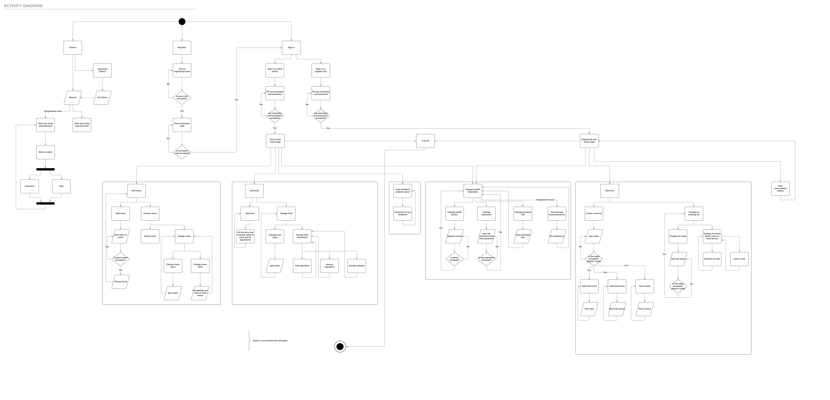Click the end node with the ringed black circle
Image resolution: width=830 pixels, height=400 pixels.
(340, 347)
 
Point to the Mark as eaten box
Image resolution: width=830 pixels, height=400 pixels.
(45, 152)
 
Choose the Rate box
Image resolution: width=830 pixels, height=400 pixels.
(61, 186)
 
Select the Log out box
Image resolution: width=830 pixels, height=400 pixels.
(425, 141)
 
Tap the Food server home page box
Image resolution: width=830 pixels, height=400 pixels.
(275, 141)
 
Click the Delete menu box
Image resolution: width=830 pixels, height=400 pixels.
(150, 236)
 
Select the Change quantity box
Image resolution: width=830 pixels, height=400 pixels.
(357, 266)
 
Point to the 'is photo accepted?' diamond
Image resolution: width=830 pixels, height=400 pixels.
(454, 259)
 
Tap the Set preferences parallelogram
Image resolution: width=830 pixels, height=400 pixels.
(557, 236)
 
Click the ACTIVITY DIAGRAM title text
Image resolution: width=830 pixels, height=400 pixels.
(23, 6)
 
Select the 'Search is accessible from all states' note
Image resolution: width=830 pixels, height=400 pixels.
(270, 341)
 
